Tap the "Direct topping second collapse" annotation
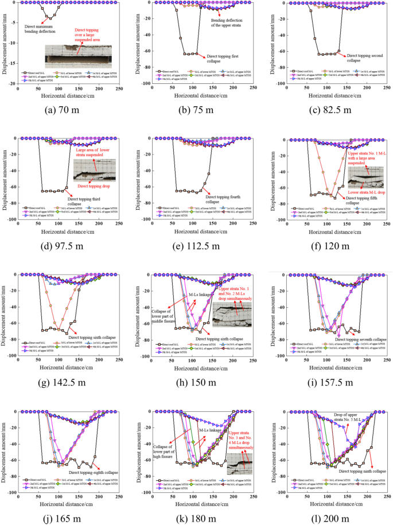click(x=353, y=61)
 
